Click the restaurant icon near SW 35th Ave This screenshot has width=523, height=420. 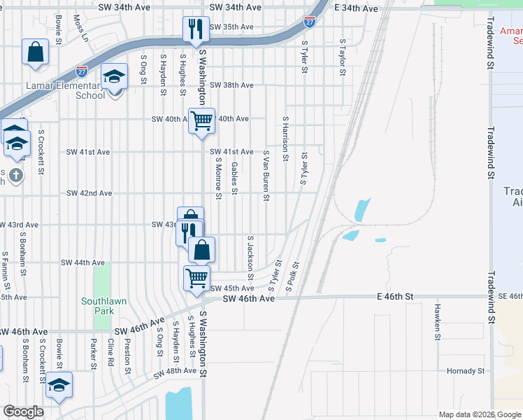194,29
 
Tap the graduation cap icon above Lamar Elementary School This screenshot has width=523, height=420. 114,76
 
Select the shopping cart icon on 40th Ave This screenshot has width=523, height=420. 201,120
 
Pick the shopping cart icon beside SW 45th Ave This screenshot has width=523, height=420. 196,277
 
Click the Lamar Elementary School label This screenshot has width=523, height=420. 71,90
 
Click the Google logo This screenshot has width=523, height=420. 24,412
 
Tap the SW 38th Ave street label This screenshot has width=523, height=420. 231,85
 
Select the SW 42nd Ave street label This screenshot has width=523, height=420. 89,193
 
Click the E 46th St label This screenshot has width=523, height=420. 394,297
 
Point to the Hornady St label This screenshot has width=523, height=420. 466,371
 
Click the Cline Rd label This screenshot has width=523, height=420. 110,354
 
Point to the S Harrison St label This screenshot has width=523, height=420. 285,139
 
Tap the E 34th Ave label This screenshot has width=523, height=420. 356,8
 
